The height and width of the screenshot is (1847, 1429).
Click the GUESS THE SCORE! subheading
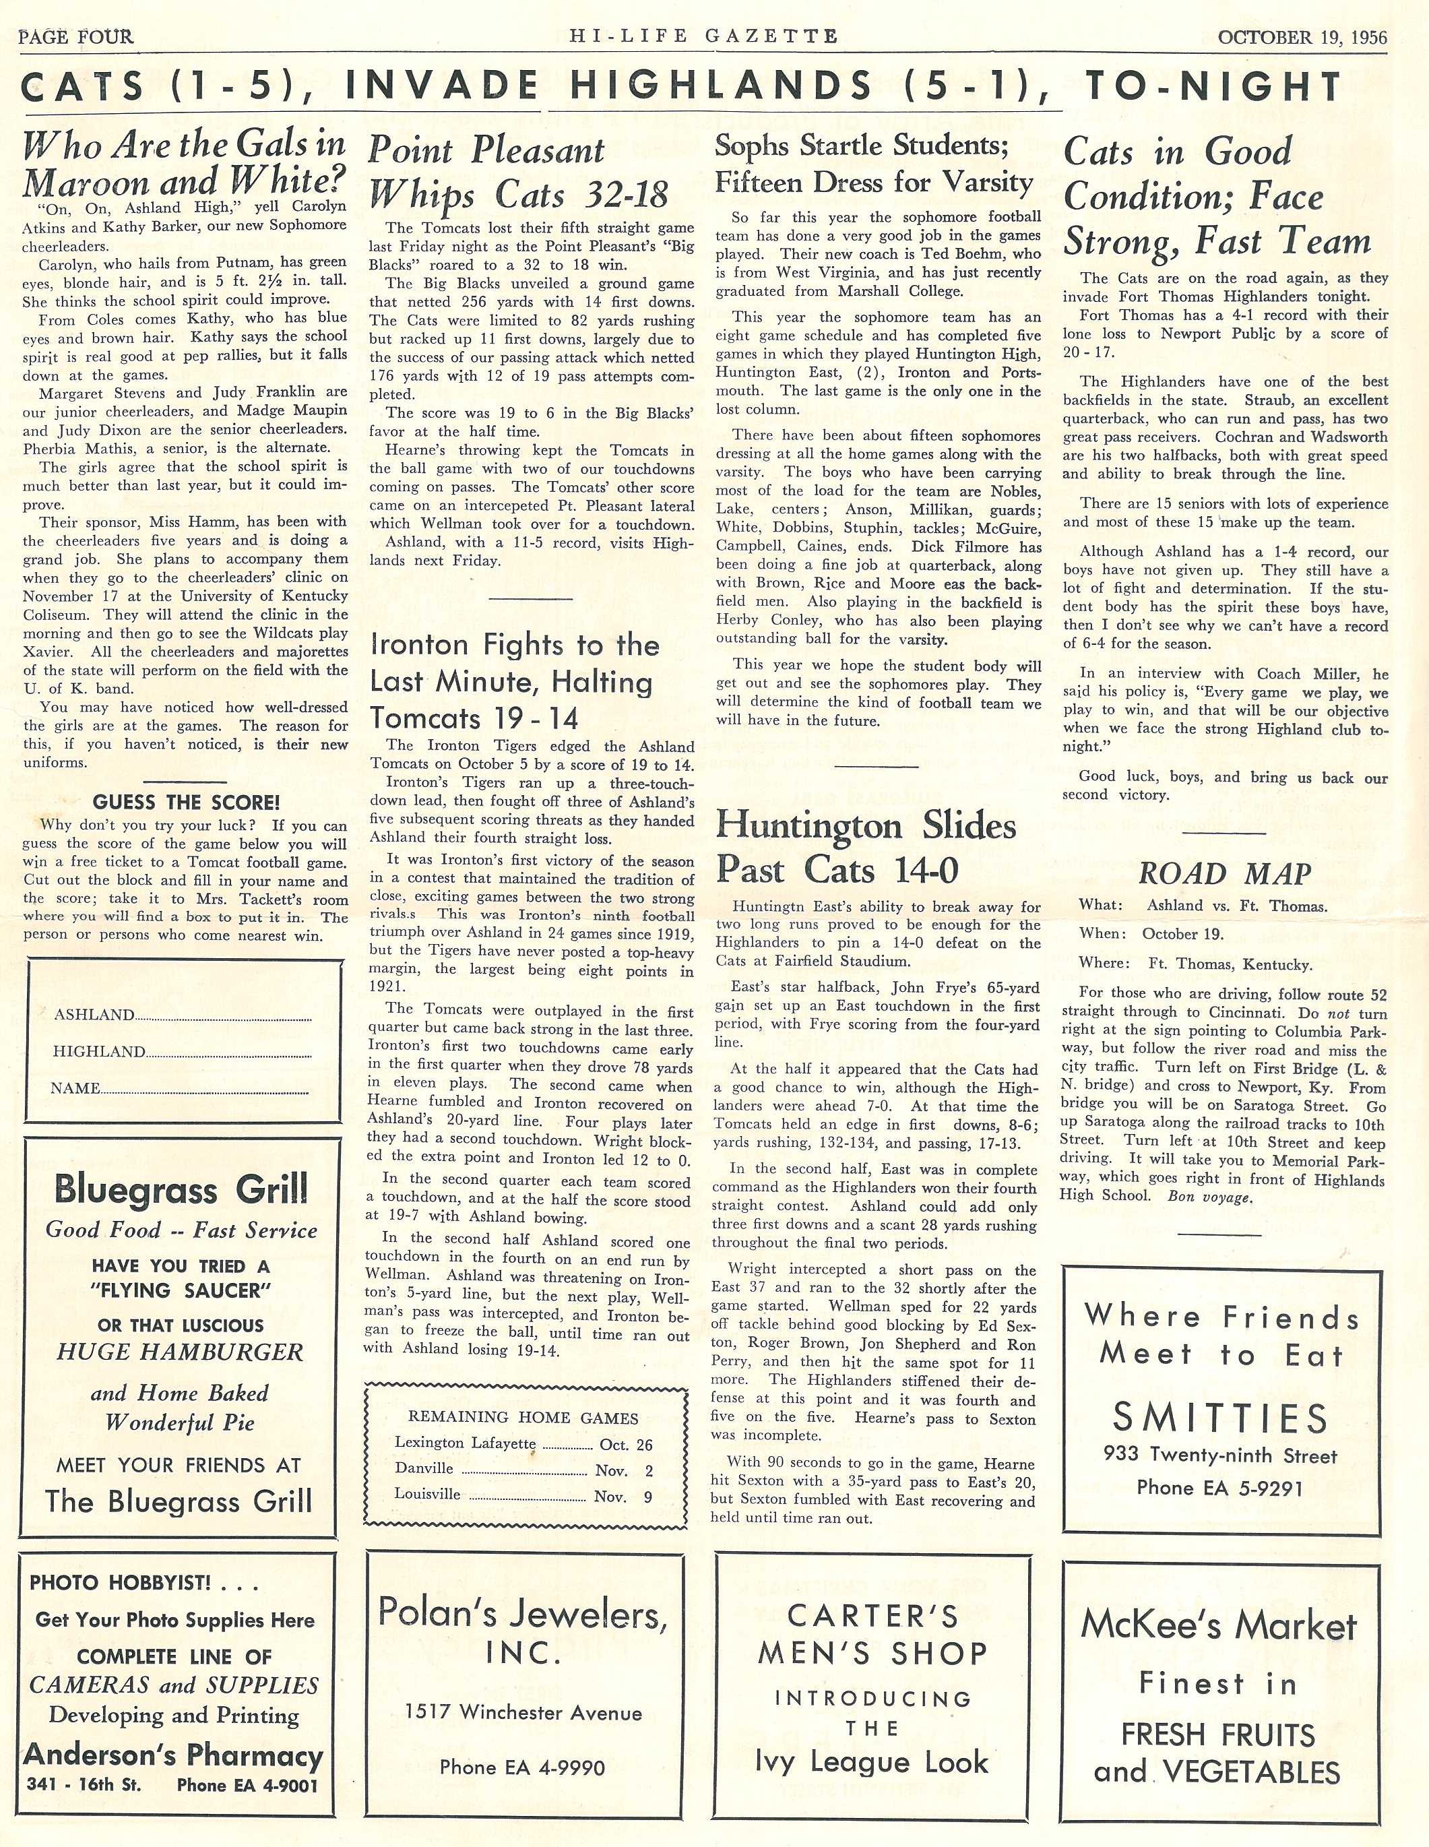(x=185, y=802)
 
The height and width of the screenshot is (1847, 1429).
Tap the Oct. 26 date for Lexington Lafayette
(x=626, y=1445)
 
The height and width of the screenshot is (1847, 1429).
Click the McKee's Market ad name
(x=1218, y=1626)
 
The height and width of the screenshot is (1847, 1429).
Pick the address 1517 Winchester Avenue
(x=523, y=1714)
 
